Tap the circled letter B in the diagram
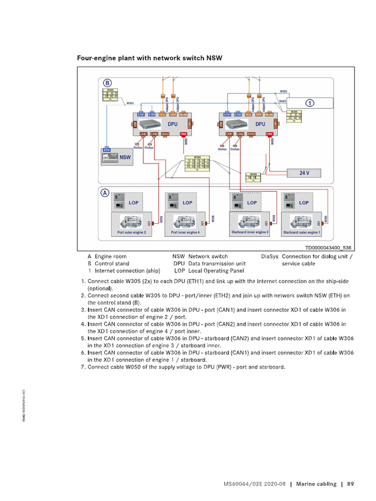(x=107, y=83)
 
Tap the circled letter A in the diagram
(x=105, y=193)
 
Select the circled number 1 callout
(x=309, y=103)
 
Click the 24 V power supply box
(x=304, y=173)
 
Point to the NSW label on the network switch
(x=125, y=158)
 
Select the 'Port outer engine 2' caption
(x=131, y=232)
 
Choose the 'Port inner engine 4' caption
(x=185, y=232)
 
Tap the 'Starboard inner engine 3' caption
(x=249, y=232)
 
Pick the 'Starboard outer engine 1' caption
(x=302, y=232)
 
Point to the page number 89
(x=350, y=484)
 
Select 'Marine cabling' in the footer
(x=317, y=484)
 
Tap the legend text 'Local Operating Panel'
(x=215, y=271)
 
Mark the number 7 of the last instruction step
(x=83, y=367)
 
